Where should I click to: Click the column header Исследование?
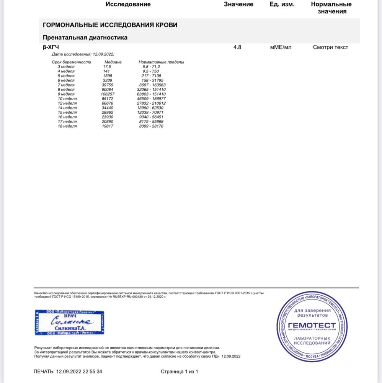(x=128, y=5)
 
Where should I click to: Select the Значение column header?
(x=238, y=5)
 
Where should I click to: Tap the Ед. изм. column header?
(x=282, y=5)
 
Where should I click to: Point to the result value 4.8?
(x=237, y=47)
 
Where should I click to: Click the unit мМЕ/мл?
(x=281, y=47)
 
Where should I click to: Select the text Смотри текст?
(x=330, y=47)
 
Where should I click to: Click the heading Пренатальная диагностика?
(x=85, y=38)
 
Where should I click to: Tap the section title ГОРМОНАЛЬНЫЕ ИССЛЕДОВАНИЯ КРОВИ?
(x=110, y=25)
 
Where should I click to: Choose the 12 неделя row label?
(x=67, y=103)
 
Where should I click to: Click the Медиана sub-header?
(x=113, y=62)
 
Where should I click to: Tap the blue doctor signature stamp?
(x=69, y=322)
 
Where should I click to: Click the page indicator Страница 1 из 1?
(x=180, y=372)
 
